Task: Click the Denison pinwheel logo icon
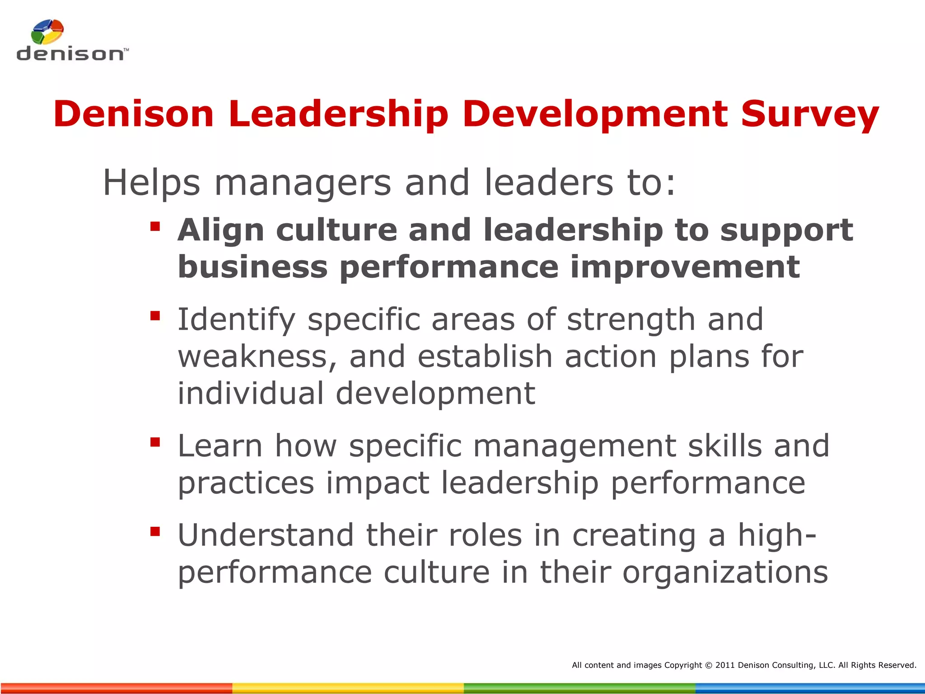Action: tap(47, 32)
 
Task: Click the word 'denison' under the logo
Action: tap(70, 54)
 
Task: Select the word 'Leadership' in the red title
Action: tap(338, 114)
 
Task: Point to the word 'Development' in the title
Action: tap(595, 114)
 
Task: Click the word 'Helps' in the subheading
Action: tap(152, 183)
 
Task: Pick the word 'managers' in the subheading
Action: tap(303, 183)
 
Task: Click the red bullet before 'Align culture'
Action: tap(155, 226)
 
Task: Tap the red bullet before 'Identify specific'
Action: tap(155, 315)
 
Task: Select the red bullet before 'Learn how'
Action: tap(155, 442)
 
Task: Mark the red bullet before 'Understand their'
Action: tap(155, 531)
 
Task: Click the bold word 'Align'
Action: tap(221, 230)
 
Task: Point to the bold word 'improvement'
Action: tap(685, 267)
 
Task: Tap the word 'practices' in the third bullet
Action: tap(246, 483)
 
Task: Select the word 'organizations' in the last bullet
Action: tap(725, 573)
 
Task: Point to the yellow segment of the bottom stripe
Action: tap(348, 688)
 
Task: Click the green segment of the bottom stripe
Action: tap(579, 688)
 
